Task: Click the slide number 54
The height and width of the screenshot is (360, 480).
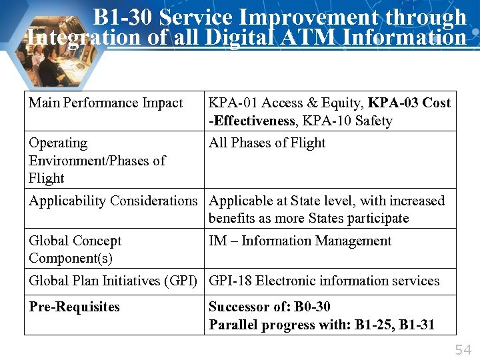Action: [x=463, y=349]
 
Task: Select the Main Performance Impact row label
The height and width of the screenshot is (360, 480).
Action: [x=105, y=103]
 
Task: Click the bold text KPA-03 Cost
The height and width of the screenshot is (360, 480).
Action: [x=409, y=103]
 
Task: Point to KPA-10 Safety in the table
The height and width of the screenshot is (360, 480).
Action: [x=347, y=121]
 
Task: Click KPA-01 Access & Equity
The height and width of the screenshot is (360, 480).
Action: [x=285, y=103]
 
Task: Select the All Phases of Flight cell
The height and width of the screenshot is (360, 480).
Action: [x=267, y=143]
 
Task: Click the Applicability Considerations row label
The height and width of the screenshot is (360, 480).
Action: [x=113, y=201]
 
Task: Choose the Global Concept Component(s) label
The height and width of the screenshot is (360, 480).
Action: [x=75, y=249]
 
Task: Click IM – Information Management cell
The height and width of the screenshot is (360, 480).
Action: [x=300, y=241]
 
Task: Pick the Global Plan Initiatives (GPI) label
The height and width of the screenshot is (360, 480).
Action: [x=113, y=281]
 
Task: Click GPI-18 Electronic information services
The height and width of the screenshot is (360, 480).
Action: [x=324, y=281]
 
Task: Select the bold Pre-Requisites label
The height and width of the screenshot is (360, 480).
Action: [x=74, y=307]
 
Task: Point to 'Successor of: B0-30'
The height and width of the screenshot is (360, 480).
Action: [x=269, y=307]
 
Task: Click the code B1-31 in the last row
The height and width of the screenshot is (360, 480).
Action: [x=415, y=325]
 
